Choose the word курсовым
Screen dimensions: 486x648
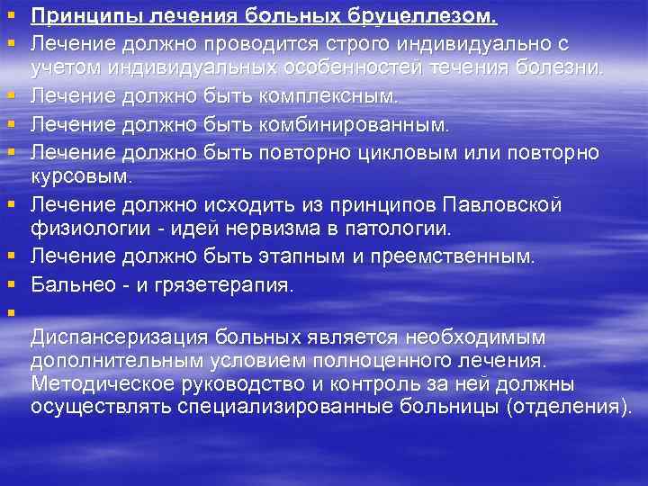pos(80,173)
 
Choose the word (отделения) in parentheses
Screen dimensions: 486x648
pos(566,407)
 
